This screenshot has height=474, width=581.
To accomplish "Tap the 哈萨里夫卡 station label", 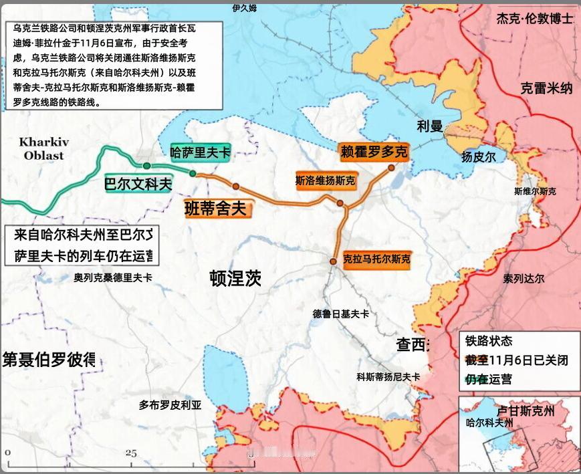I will coord(201,152).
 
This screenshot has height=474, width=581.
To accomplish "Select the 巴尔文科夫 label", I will coord(138,184).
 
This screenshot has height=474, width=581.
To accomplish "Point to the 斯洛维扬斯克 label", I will coord(325,181).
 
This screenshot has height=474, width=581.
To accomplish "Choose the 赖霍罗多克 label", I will coord(373,152).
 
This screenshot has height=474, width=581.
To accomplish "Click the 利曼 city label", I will coord(430,126).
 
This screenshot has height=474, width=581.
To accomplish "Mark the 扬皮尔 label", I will coord(478,157).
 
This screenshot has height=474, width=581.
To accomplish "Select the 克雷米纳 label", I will coord(546,88).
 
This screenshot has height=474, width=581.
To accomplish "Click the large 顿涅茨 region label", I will coord(235,278).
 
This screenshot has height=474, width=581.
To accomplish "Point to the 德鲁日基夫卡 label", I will coord(340,314).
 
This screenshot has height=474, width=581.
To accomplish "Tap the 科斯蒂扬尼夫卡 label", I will coord(388,377).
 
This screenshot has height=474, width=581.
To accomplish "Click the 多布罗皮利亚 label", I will coord(170,404).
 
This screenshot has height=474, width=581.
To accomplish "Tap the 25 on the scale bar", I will coord(130,453).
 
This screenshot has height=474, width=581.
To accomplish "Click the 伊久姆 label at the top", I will coord(245,8).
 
